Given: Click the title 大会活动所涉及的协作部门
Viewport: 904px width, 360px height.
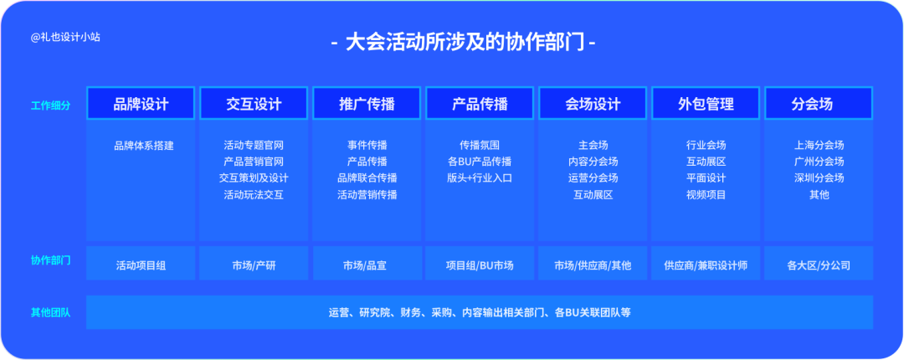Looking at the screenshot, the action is [x=464, y=43].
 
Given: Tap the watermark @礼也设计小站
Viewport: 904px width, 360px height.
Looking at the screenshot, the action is [x=66, y=37].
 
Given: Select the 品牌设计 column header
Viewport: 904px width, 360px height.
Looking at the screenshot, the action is [x=141, y=103].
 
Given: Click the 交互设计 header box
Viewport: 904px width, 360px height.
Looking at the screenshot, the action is [x=254, y=103].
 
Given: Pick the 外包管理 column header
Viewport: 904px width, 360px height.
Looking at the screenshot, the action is [x=706, y=103].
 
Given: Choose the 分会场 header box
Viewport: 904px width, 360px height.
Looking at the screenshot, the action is [x=819, y=103].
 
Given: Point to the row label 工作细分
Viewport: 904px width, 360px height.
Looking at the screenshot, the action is [x=51, y=105].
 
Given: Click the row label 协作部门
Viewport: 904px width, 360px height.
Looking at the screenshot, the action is [x=51, y=260].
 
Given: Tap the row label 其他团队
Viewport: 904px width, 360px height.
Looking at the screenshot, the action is [x=51, y=313].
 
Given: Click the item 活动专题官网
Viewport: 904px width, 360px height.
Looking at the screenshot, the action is [x=254, y=146].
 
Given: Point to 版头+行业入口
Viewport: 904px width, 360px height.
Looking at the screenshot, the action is [x=480, y=178].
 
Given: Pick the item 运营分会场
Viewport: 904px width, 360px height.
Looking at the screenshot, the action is [x=593, y=178].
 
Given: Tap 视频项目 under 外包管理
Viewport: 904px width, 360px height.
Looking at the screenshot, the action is [x=706, y=195].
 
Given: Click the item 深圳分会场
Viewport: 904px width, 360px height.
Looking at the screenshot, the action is [x=819, y=178].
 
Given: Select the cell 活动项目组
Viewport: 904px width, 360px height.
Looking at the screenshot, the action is [x=141, y=266].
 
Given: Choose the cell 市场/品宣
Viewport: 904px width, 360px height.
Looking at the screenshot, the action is [x=367, y=266].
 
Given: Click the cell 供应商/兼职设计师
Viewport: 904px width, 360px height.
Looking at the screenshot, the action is [x=706, y=266].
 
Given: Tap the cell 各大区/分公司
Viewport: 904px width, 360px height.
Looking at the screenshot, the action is [x=819, y=266].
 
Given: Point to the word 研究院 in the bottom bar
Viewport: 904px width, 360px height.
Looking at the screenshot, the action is [x=374, y=312].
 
